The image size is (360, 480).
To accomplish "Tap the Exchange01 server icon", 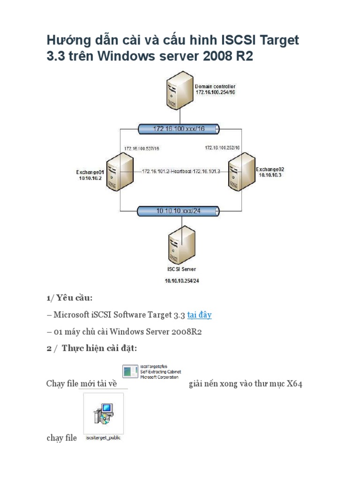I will pyautogui.click(x=119, y=172).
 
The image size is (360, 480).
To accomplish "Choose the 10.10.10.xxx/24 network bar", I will pyautogui.click(x=179, y=211).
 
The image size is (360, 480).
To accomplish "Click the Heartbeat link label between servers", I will pyautogui.click(x=180, y=172).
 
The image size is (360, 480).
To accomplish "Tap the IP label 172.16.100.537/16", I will pyautogui.click(x=142, y=149).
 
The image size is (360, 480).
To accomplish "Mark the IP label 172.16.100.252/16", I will pyautogui.click(x=222, y=148).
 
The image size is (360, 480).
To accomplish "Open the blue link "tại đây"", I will pyautogui.click(x=199, y=315).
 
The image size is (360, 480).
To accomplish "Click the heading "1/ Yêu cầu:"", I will pyautogui.click(x=69, y=298).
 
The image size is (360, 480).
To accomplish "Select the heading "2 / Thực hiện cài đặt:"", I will pyautogui.click(x=91, y=349).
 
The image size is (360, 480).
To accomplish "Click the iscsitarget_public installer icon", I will pyautogui.click(x=104, y=414).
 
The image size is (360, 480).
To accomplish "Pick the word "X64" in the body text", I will pyautogui.click(x=294, y=384).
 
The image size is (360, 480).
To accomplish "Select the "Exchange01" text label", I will pyautogui.click(x=90, y=172).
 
